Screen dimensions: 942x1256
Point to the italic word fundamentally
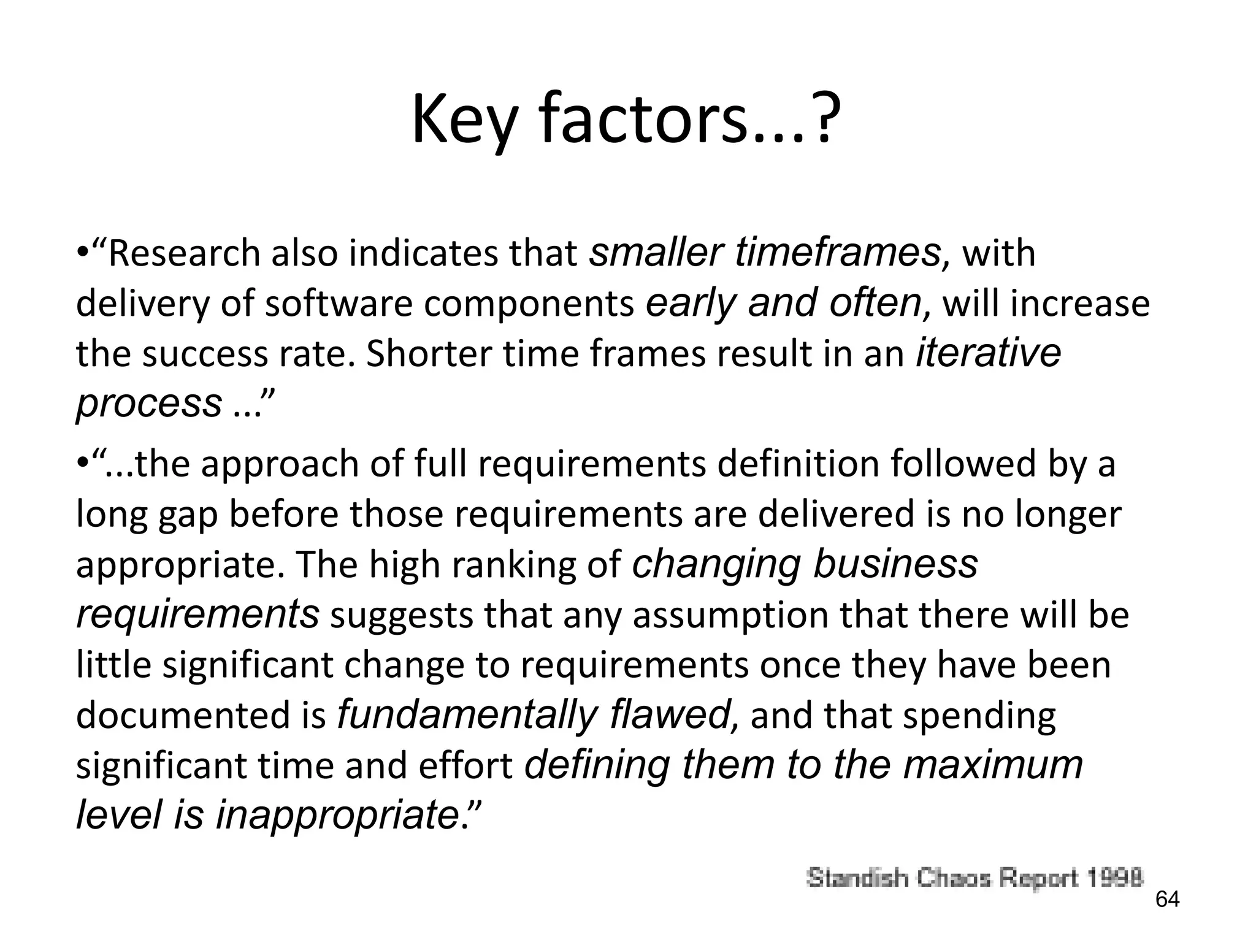click(x=467, y=714)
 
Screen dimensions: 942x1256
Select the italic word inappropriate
click(x=337, y=815)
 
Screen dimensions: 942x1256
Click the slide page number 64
click(x=1167, y=900)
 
